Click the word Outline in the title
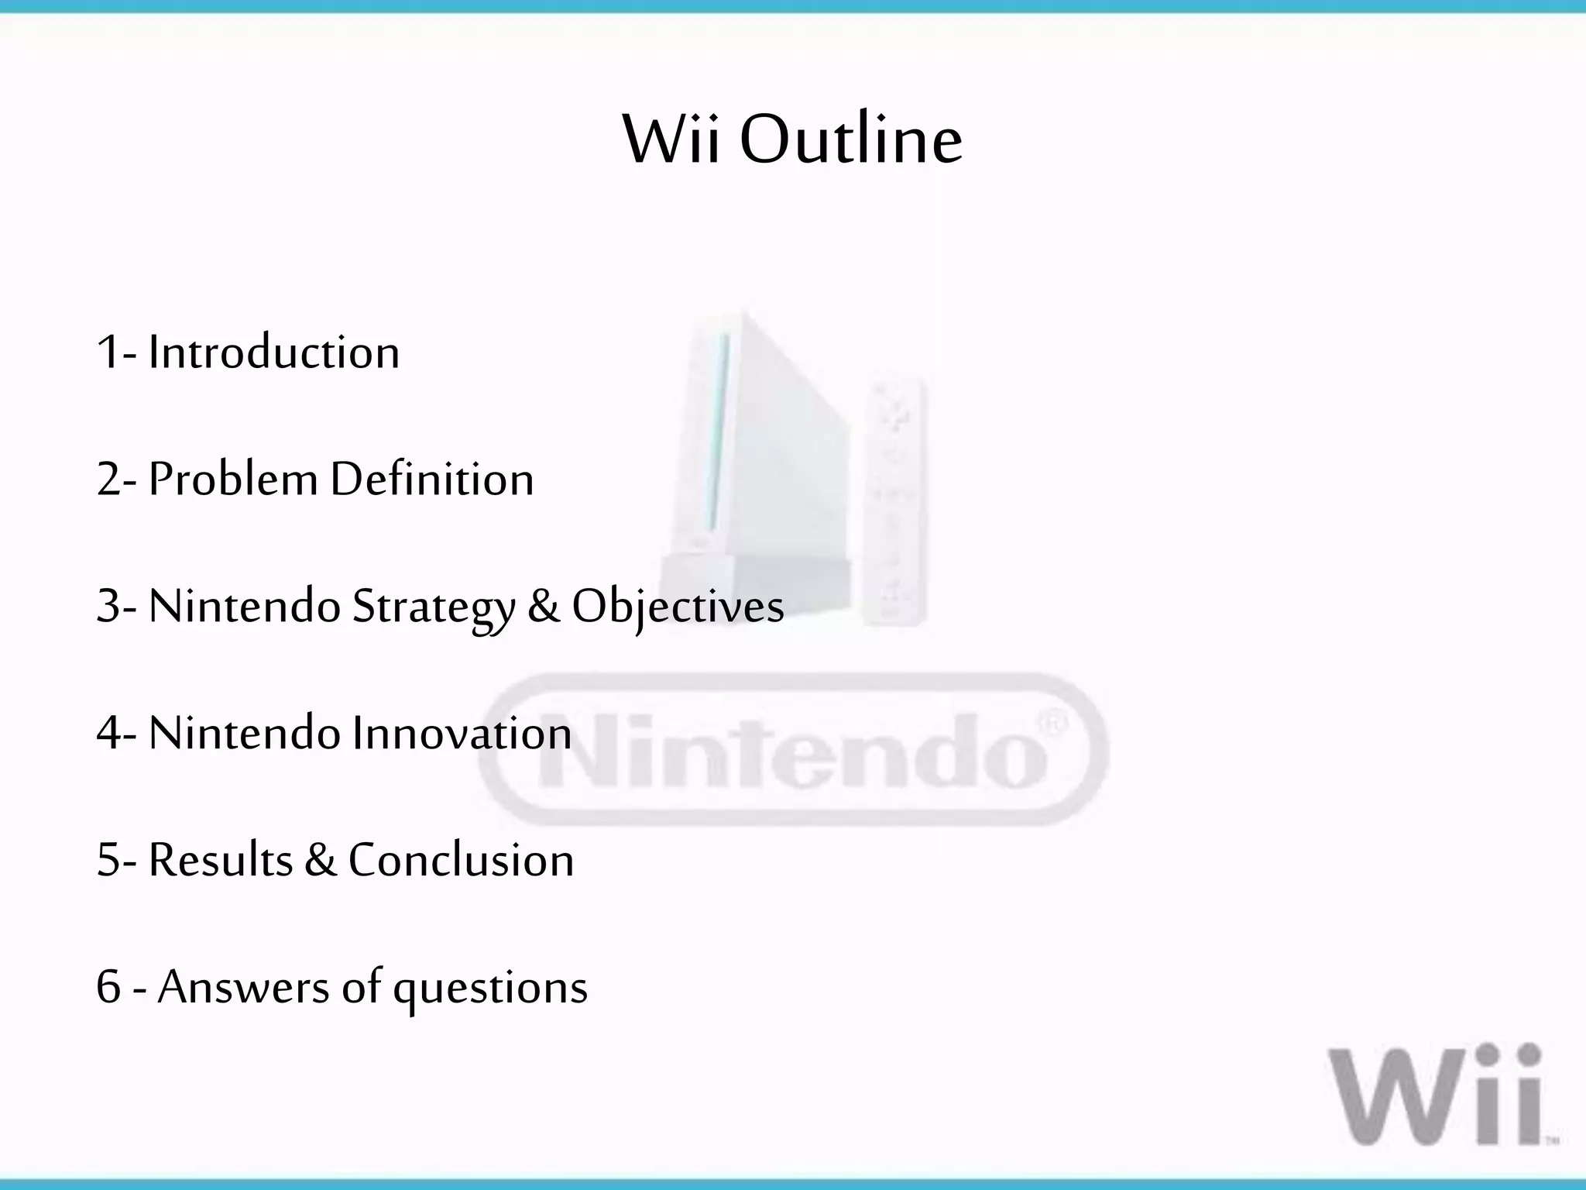pos(851,140)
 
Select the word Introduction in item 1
pos(273,353)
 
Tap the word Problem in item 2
pos(233,479)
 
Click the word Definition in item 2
pos(432,479)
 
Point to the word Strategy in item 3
pos(434,607)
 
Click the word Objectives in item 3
pos(678,607)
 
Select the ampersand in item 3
pos(544,607)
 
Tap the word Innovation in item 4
pos(462,733)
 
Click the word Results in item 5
pos(221,860)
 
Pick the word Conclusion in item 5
pos(461,860)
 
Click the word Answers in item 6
pos(243,987)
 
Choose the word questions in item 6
pos(490,989)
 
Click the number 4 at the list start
pos(109,733)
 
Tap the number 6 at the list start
pos(108,987)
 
